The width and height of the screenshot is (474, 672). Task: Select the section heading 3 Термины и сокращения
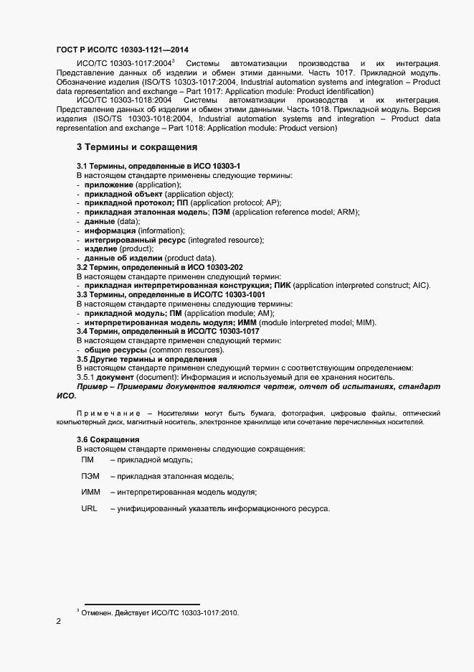click(x=136, y=147)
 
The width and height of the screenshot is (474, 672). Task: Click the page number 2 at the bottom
click(x=59, y=622)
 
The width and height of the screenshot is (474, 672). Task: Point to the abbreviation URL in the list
click(x=89, y=509)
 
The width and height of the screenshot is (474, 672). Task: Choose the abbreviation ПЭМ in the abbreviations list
click(x=90, y=476)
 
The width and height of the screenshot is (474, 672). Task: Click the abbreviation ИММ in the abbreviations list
click(x=90, y=493)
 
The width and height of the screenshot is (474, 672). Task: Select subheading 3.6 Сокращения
click(x=108, y=439)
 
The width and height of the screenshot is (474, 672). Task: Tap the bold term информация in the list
click(x=110, y=230)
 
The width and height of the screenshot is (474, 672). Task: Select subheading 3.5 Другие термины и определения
click(x=146, y=359)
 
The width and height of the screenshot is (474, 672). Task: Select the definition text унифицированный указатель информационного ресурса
click(x=219, y=509)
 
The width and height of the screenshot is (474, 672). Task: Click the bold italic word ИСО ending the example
click(x=65, y=396)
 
